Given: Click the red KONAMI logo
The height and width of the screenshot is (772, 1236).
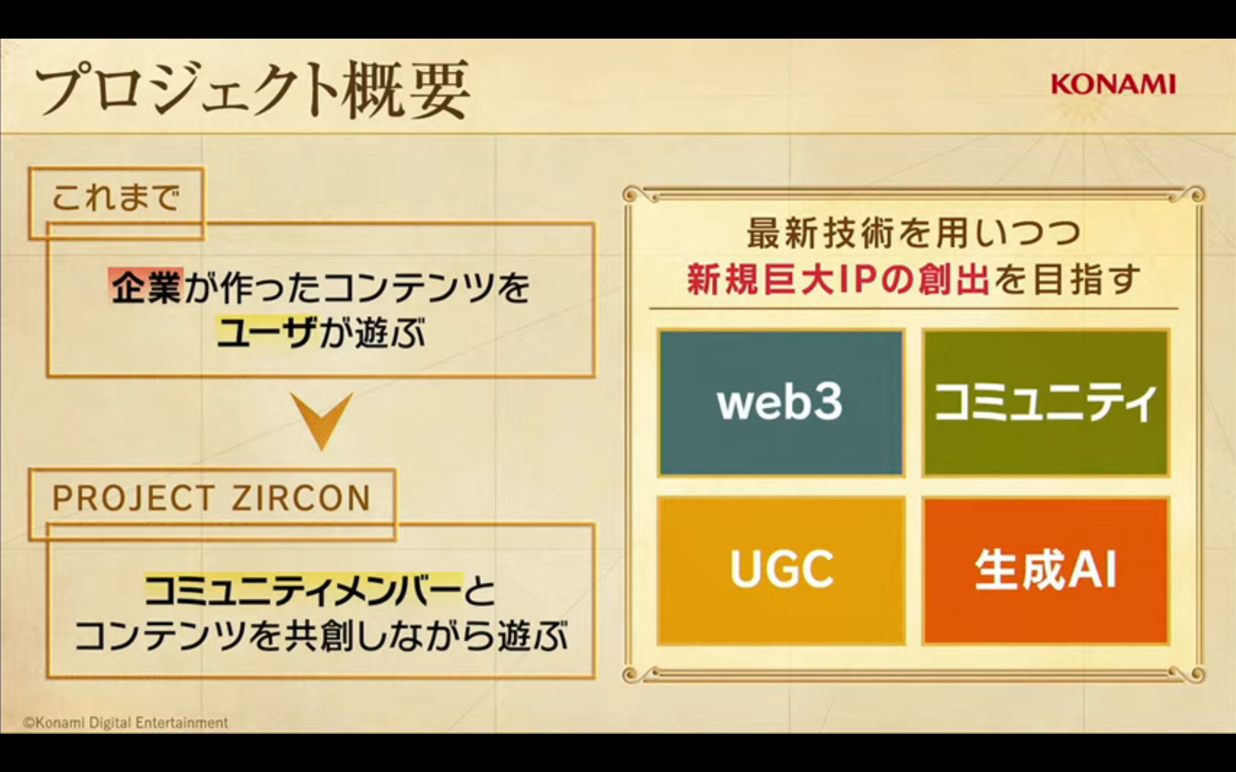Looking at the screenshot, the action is [1113, 84].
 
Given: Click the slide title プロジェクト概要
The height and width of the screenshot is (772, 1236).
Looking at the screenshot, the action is [252, 91].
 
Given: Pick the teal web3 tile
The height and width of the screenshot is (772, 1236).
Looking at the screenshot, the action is [780, 403].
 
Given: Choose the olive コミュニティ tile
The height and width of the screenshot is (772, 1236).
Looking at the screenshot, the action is [1045, 403].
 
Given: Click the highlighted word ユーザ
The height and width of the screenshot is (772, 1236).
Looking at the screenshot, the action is [267, 333].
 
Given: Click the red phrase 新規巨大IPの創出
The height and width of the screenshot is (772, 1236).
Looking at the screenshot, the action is [838, 279].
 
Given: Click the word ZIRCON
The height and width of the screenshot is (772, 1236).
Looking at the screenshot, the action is [301, 498].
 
